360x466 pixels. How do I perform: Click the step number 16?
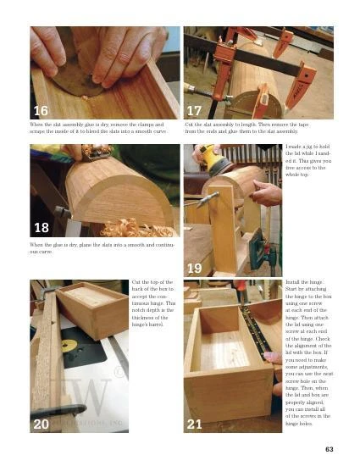(40, 111)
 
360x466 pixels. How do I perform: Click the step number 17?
(194, 111)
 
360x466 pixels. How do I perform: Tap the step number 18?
(40, 228)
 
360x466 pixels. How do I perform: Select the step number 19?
(194, 269)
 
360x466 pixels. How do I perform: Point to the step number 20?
(40, 424)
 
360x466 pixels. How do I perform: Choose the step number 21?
(194, 424)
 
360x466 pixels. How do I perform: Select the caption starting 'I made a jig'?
(307, 164)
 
